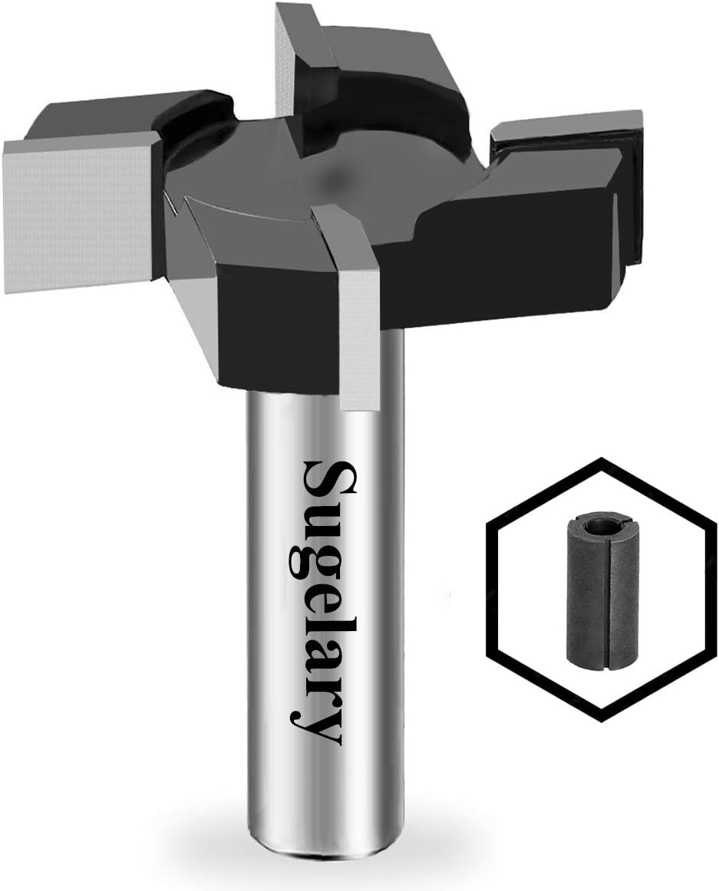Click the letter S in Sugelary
point(327,478)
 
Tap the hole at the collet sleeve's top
point(601,526)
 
